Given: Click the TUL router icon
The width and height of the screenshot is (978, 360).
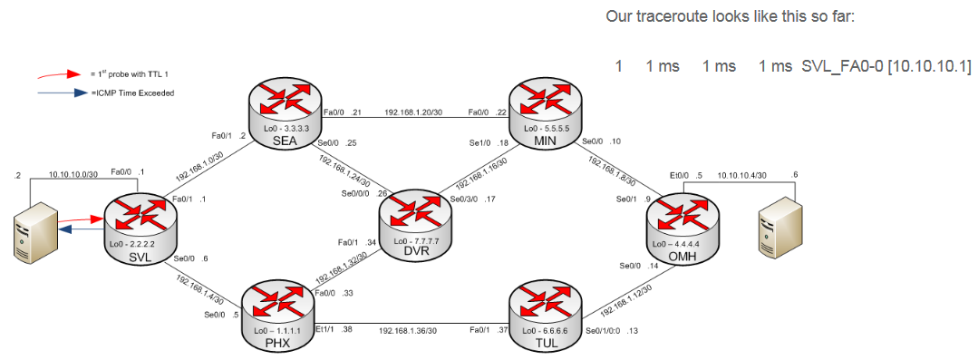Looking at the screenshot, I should [x=540, y=313].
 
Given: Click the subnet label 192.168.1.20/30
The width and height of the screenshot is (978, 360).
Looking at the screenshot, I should [x=415, y=112].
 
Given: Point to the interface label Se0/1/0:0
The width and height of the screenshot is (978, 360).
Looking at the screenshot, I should [x=605, y=330].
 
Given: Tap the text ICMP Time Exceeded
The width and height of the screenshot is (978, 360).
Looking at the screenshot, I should [x=133, y=92].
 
